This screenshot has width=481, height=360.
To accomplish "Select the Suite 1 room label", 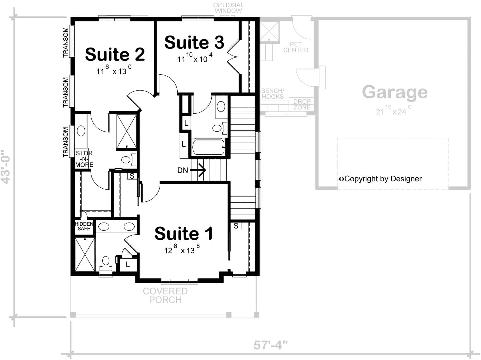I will click(184, 233).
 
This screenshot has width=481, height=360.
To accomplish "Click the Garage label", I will click(395, 92).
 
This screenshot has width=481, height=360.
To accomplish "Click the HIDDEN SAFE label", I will click(84, 226).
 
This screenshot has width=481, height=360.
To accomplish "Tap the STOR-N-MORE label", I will click(84, 159).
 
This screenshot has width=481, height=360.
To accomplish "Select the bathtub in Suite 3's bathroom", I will click(208, 147).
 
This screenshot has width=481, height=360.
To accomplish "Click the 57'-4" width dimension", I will click(270, 345).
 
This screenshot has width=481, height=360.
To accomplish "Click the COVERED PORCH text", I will click(165, 296).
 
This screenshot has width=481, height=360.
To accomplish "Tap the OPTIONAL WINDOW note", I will click(228, 8).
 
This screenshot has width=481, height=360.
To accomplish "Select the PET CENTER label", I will click(296, 47).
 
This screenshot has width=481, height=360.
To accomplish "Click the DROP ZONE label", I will click(302, 105).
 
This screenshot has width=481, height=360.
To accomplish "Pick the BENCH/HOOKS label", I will click(273, 94).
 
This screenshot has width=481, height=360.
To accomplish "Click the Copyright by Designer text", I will click(380, 179).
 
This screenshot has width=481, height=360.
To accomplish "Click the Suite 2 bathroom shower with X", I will click(127, 131).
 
